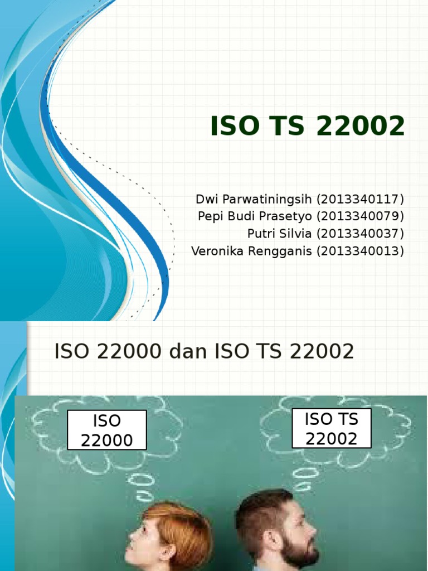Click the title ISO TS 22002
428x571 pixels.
coord(307,127)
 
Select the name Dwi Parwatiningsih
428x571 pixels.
coord(254,200)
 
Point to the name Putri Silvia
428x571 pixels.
coord(279,234)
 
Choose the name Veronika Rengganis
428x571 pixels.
coord(251,251)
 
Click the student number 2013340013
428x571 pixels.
coord(360,251)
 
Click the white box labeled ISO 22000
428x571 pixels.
coord(107,430)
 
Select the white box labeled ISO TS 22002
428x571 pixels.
coord(332,428)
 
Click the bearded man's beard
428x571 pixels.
coord(299,552)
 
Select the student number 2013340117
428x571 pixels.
coord(360,200)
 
